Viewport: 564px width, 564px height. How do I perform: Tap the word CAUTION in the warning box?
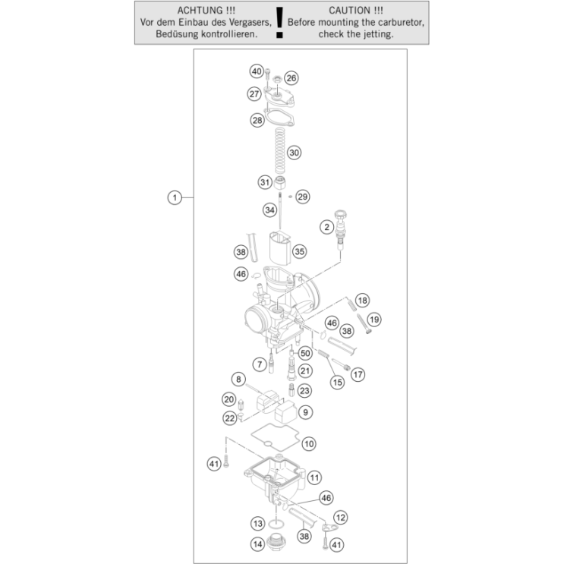[x=349, y=11]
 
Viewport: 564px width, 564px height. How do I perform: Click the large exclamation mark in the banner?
[x=279, y=22]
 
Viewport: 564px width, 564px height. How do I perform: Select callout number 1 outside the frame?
[x=175, y=197]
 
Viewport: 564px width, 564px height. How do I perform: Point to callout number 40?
[x=257, y=71]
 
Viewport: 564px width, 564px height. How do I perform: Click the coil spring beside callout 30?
[x=279, y=151]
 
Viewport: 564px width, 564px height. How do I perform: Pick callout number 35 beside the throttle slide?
[x=299, y=251]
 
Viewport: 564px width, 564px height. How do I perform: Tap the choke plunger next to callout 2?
[x=340, y=229]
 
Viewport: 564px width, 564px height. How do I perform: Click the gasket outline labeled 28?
[x=279, y=117]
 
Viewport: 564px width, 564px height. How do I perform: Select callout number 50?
[x=305, y=353]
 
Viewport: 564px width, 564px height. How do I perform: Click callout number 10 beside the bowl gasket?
[x=309, y=444]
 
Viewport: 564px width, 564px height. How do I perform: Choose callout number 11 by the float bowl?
[x=314, y=477]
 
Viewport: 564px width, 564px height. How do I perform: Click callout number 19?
[x=374, y=320]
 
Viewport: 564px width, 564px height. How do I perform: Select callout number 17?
[x=358, y=375]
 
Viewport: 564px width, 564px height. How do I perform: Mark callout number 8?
[x=238, y=379]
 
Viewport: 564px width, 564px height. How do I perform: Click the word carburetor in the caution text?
[x=402, y=22]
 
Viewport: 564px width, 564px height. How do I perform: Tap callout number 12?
[x=340, y=518]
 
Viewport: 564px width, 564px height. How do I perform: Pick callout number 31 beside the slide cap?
[x=265, y=182]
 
